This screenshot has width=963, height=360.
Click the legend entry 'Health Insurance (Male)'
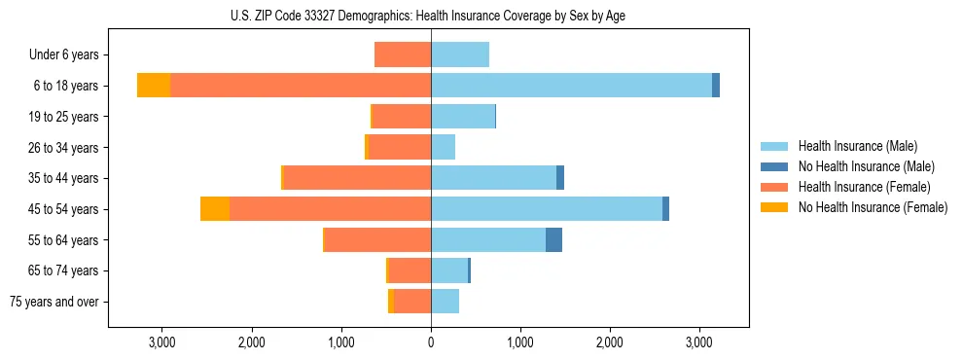tap(857, 146)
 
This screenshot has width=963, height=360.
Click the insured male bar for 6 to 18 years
tap(571, 86)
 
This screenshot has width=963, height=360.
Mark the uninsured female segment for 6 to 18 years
tap(154, 86)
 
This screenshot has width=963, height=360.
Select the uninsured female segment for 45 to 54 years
tap(215, 209)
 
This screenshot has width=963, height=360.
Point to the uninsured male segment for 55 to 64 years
tap(553, 240)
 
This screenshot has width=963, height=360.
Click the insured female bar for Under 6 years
tap(403, 55)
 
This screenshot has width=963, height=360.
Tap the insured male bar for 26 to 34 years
tap(444, 148)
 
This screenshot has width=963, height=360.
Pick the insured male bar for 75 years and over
tap(446, 302)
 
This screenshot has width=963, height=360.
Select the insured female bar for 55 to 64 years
tap(377, 240)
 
